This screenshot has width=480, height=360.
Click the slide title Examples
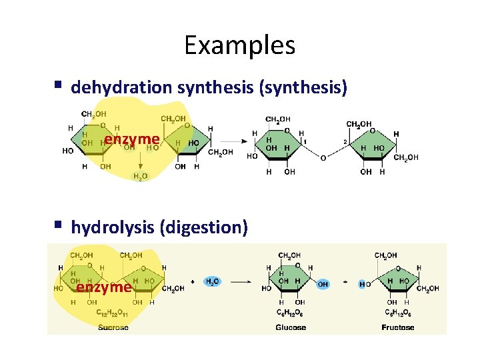coord(239,45)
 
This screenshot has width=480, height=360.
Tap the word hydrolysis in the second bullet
coord(113,227)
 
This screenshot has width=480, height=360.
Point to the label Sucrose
coord(113,327)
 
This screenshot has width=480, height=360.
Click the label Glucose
coord(291,327)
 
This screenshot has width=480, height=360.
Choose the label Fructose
coord(398,327)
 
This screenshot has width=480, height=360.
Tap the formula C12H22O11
coord(112,313)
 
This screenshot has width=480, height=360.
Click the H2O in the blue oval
coord(213,282)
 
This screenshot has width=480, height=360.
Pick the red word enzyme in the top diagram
coord(131,139)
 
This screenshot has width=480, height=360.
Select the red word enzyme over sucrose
coord(103,287)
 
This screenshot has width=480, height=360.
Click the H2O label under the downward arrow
coord(140,176)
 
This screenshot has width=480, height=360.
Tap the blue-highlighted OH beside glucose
coord(323,284)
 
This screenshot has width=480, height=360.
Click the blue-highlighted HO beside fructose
coord(365,284)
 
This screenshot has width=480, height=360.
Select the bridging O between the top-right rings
coord(323,158)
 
